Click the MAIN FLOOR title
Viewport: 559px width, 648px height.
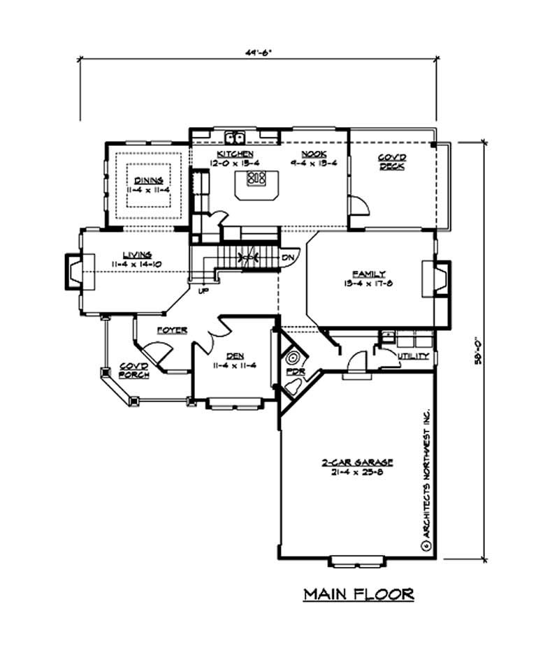tap(358, 594)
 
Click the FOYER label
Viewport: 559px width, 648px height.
tap(171, 330)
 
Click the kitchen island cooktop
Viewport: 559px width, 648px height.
tap(256, 177)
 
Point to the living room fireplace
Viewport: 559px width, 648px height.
tap(74, 271)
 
